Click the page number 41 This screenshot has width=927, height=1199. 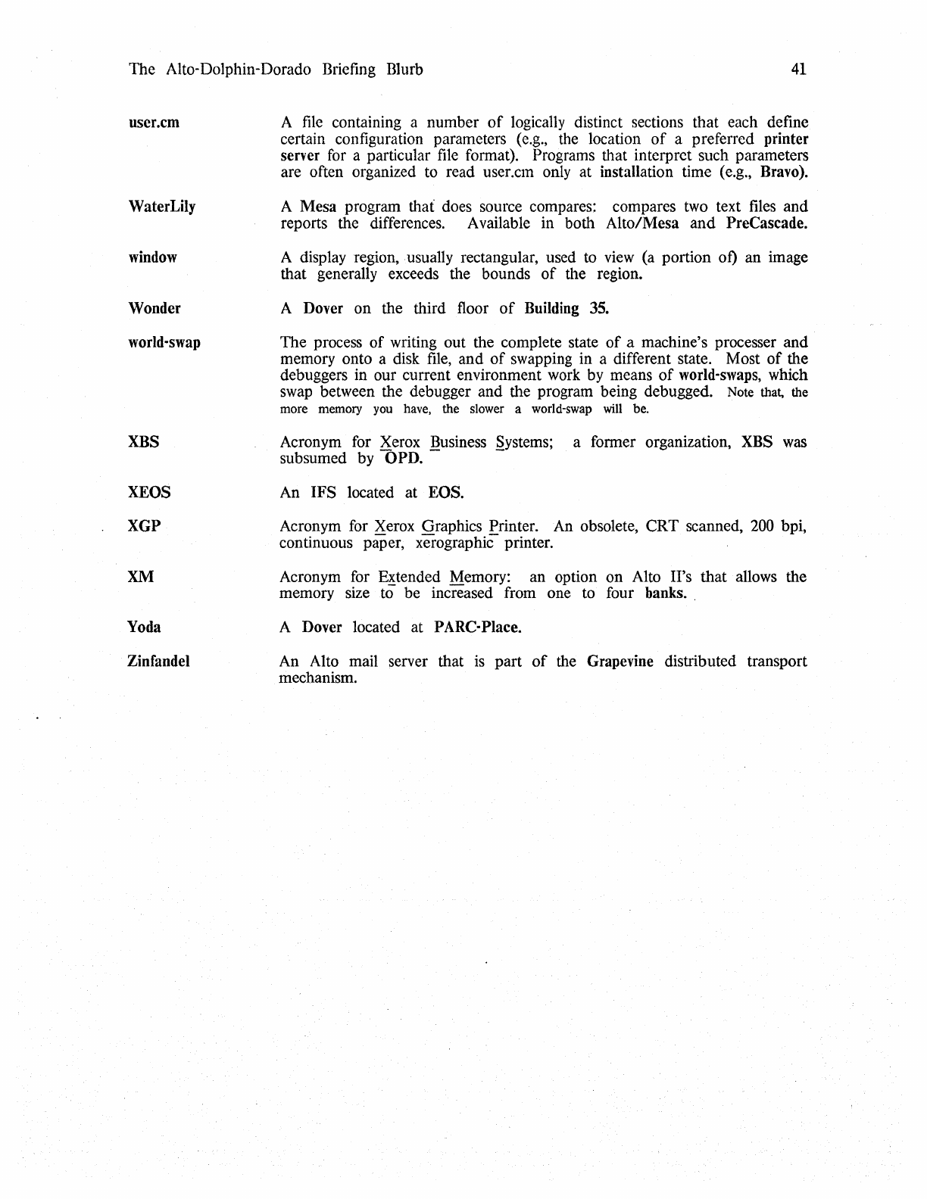pos(798,70)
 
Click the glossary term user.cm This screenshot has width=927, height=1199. pos(154,122)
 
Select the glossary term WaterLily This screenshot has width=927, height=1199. pos(162,207)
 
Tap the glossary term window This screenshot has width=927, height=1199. pos(153,257)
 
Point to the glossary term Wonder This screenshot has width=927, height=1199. pos(154,308)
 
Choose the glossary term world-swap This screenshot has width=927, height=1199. pos(164,342)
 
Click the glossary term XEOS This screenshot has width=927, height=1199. pos(149,493)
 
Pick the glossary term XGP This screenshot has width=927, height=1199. pos(145,526)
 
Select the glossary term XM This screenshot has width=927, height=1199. pos(141,577)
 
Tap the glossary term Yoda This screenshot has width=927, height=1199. pos(144,628)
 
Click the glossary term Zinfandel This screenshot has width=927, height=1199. pos(158,662)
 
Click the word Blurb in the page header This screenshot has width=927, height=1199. pos(404,70)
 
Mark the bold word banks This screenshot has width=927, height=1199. pos(666,593)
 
